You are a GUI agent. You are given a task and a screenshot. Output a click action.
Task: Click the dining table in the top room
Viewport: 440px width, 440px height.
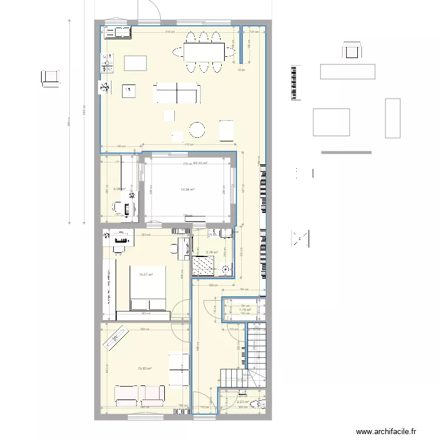(204, 52)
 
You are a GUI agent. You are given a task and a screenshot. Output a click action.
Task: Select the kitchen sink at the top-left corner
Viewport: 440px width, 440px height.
(116, 32)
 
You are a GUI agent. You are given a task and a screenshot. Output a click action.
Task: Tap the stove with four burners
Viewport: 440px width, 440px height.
(108, 58)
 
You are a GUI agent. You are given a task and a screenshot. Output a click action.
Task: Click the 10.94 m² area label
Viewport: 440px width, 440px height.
(188, 189)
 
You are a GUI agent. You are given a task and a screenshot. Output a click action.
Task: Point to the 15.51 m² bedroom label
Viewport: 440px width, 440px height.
(145, 274)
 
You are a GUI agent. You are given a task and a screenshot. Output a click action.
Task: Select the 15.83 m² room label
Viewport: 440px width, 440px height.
(144, 368)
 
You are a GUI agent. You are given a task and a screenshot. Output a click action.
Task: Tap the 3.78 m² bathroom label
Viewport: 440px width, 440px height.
(211, 253)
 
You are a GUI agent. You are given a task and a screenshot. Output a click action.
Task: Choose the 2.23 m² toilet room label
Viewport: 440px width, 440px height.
(243, 402)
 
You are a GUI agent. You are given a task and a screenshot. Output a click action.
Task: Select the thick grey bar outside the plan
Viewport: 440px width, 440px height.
(346, 153)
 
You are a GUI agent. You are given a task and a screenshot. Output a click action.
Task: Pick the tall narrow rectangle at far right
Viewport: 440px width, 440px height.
(392, 118)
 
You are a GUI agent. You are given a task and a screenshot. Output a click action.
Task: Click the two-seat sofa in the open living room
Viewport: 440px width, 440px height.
(177, 93)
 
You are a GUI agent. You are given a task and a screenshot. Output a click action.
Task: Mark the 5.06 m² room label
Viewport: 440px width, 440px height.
(119, 189)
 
